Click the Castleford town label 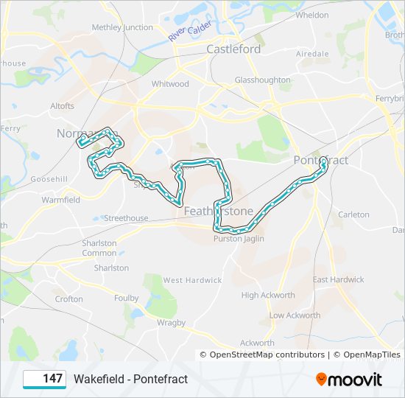click(x=233, y=49)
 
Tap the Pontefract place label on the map click(x=320, y=160)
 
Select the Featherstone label click(x=218, y=212)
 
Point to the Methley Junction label click(x=122, y=27)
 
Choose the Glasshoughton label click(x=262, y=80)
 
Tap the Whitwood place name click(x=170, y=84)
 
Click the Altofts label click(x=62, y=106)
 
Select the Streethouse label click(x=126, y=218)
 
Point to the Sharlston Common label click(x=99, y=248)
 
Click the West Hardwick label click(x=192, y=280)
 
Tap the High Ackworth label click(x=268, y=296)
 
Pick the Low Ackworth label click(x=295, y=315)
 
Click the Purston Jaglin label click(x=237, y=239)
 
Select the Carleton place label click(x=353, y=214)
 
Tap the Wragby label click(x=171, y=322)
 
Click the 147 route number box click(x=44, y=379)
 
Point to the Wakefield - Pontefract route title click(x=130, y=379)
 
